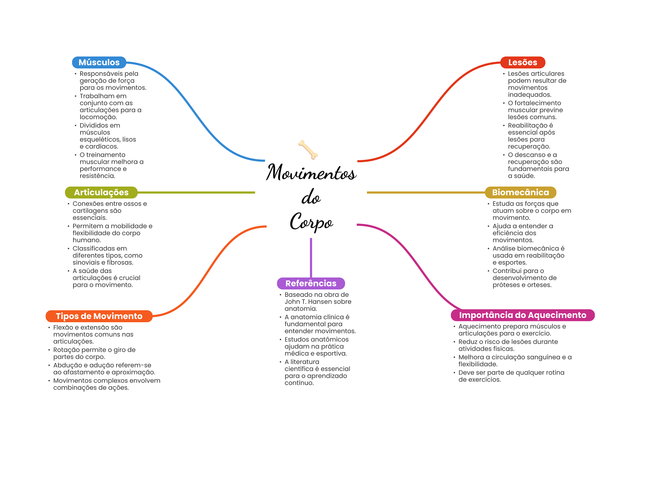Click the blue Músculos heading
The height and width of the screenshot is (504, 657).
pos(99,62)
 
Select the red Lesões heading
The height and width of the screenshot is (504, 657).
pos(522,62)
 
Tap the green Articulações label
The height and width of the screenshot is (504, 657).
pos(101,192)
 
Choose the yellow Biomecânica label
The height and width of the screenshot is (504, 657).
pos(520,192)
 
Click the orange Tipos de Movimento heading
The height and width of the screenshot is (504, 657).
pos(99,316)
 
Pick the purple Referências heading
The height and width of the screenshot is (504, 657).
pos(311,283)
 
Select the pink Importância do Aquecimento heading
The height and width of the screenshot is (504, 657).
pos(522,315)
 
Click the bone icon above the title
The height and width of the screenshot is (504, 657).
pos(308,149)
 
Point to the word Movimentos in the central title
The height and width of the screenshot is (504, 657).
pos(311,173)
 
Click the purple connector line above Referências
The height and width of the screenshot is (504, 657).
pos(311,257)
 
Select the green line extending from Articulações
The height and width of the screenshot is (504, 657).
pos(196,192)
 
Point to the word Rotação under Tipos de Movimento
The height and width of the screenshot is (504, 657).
pos(66,350)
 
